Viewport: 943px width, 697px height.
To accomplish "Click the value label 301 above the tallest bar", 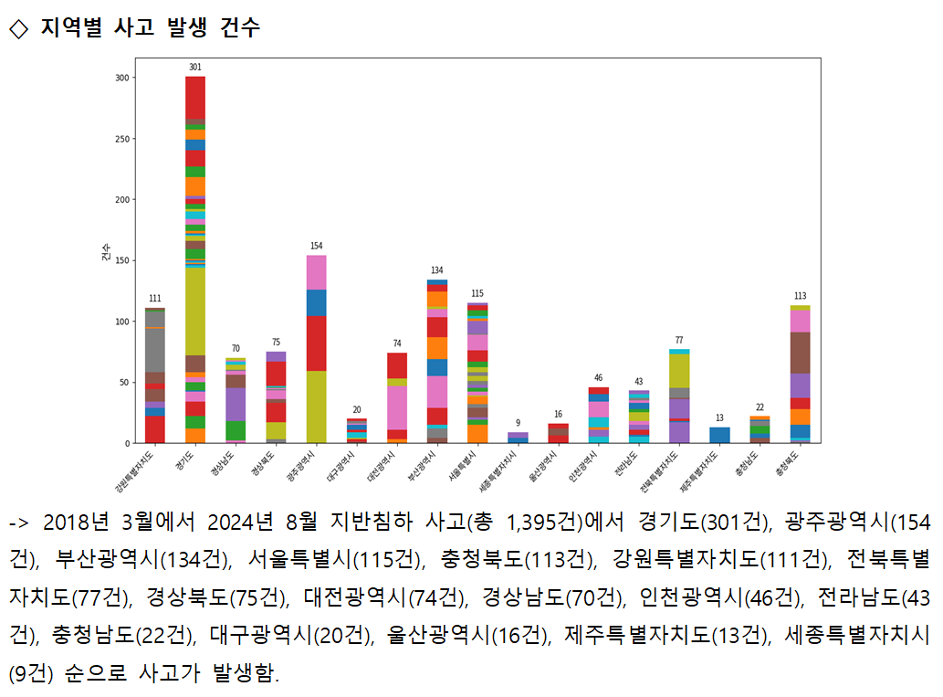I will [195, 67].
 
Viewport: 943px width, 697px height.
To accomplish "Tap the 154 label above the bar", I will [316, 246].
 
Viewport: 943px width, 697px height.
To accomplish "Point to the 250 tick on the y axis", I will [120, 139].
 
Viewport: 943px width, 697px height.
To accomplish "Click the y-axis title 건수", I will [106, 251].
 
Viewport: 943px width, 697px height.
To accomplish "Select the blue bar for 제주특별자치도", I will [719, 435].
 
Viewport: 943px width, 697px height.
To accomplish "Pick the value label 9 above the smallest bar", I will [518, 423].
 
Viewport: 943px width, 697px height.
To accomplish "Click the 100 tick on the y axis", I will [120, 322].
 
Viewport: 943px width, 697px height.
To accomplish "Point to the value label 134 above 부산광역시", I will [437, 270].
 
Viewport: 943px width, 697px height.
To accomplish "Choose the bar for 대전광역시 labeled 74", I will [397, 397].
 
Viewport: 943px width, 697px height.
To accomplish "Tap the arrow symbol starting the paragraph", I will [19, 523].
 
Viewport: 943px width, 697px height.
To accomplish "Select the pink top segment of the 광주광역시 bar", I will [316, 272].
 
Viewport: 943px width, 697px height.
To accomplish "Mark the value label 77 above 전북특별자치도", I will [679, 340].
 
